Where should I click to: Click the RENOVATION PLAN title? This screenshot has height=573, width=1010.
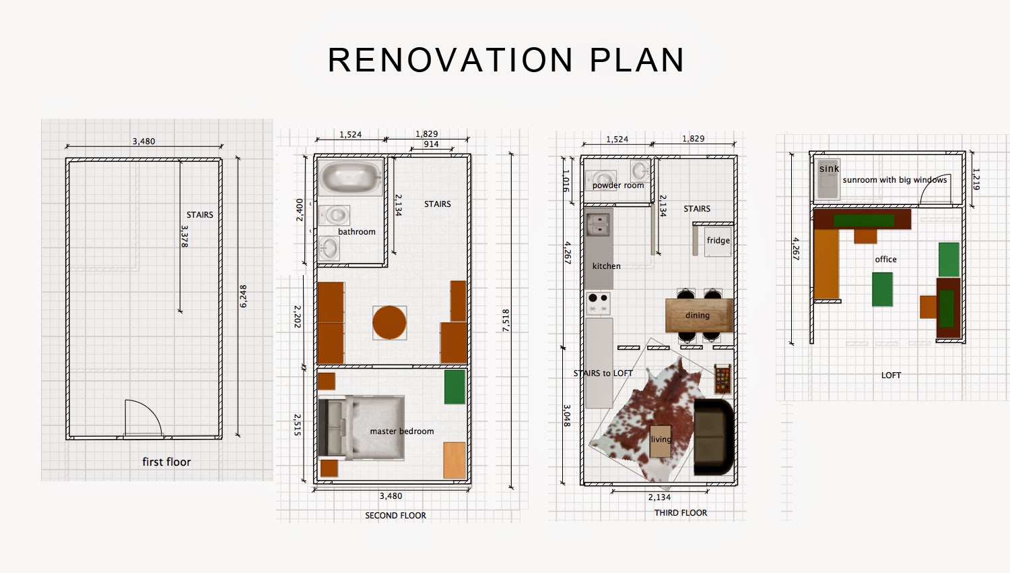pos(506,60)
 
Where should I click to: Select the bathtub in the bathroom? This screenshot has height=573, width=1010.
pos(350,177)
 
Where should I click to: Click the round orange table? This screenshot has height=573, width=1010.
pos(390,322)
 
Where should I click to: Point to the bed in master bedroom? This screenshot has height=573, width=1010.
pos(361,428)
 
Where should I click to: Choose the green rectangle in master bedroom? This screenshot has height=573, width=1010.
pos(454,387)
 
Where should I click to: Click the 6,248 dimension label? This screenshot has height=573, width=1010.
pos(243,296)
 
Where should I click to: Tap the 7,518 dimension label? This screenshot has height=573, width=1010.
pos(506,321)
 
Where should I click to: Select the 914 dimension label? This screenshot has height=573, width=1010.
pos(431,144)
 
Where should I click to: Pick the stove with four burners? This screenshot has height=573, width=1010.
pos(599,303)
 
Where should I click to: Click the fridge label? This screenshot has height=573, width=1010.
pos(718,240)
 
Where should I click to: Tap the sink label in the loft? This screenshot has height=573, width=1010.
pos(829,169)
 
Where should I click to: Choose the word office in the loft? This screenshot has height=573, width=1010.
pos(885,259)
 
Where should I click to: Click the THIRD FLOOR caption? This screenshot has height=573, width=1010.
pos(680,512)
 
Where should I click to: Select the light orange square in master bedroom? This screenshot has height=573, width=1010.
pos(454,460)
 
